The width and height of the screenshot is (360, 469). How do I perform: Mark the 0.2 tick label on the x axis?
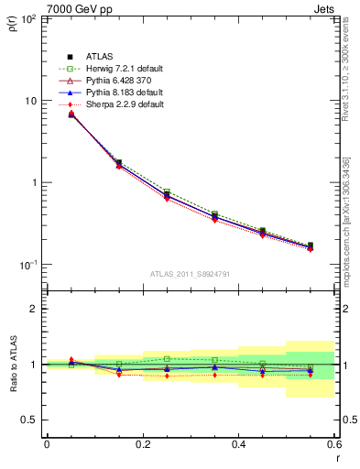[142, 444]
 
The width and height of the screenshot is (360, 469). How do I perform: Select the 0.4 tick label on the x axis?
[238, 444]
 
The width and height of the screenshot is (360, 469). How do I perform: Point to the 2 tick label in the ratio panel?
[33, 309]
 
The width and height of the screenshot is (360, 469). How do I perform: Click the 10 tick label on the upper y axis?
[28, 101]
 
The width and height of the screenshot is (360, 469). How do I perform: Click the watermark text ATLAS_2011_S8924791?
[191, 273]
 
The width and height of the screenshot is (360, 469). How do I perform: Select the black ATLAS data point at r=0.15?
[119, 162]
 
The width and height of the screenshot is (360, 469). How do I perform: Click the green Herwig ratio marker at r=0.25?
[167, 359]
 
